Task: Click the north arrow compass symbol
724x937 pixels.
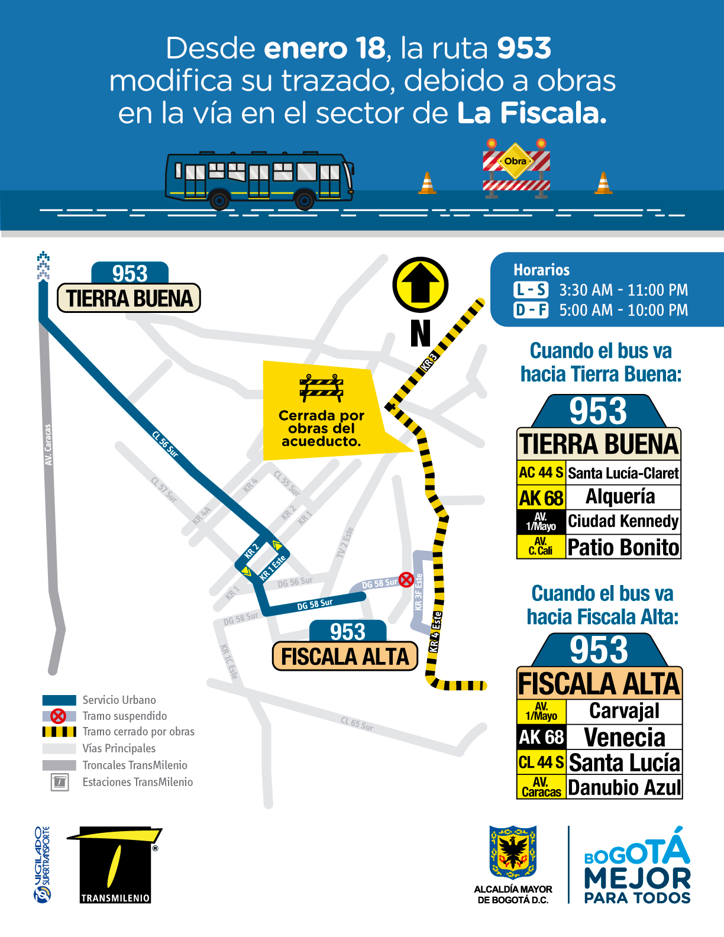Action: [x=420, y=285]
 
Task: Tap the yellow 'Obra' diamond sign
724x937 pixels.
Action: [x=516, y=161]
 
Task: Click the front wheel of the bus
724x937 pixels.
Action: [x=305, y=200]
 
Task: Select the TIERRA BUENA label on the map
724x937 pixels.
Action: [x=129, y=298]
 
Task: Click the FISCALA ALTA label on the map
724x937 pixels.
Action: [x=345, y=657]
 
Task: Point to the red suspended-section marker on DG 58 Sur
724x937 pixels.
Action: [x=406, y=580]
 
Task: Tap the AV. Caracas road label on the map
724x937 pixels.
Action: [x=48, y=444]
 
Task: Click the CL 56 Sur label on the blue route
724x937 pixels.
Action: [x=165, y=444]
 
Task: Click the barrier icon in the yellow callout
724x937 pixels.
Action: [x=321, y=388]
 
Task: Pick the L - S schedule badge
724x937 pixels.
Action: [x=531, y=290]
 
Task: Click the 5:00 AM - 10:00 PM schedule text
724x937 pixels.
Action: [x=623, y=310]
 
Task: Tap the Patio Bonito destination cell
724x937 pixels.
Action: [x=623, y=547]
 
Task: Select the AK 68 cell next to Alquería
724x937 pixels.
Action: [x=541, y=497]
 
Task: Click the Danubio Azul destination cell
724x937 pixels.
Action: [x=624, y=787]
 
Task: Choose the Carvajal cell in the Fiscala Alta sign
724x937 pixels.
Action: [x=624, y=710]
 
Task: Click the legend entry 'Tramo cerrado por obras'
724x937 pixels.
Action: [x=138, y=732]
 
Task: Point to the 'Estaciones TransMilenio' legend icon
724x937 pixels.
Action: [x=60, y=782]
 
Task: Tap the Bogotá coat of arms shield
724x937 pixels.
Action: [x=513, y=852]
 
